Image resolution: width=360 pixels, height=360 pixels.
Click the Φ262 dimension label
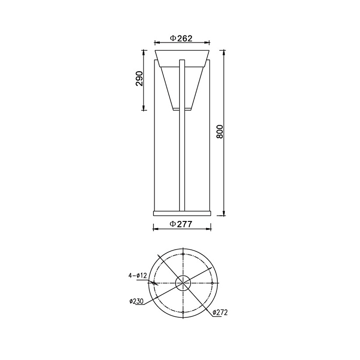pyautogui.click(x=181, y=38)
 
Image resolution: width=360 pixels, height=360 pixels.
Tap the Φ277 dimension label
pyautogui.click(x=180, y=224)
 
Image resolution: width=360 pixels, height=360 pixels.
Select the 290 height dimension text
pyautogui.click(x=139, y=78)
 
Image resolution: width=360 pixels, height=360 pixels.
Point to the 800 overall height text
pyautogui.click(x=220, y=131)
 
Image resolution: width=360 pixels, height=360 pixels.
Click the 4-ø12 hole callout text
pyautogui.click(x=137, y=275)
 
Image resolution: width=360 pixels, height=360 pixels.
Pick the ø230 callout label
pyautogui.click(x=136, y=301)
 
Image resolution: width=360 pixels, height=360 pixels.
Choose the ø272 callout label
pyautogui.click(x=220, y=312)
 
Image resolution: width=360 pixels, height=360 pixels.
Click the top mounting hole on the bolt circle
pyautogui.click(x=183, y=254)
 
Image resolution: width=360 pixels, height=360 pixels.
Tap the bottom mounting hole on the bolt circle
pyautogui.click(x=183, y=312)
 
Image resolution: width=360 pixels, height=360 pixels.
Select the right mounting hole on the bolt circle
pyautogui.click(x=212, y=283)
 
